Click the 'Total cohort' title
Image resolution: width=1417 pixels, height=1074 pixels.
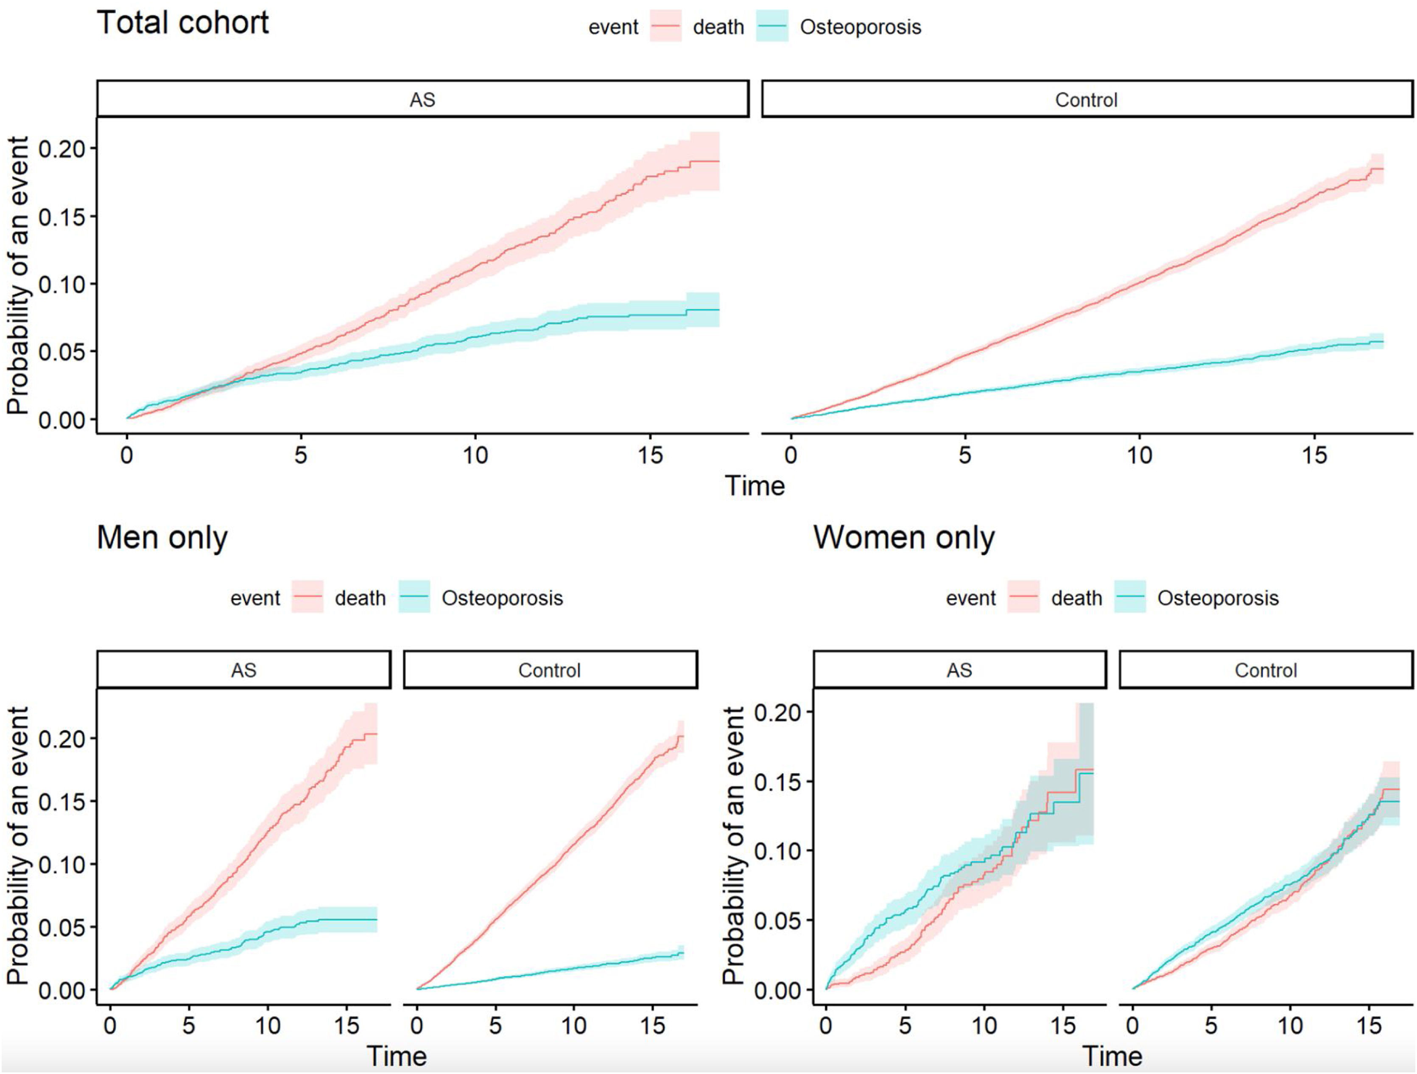pos(182,23)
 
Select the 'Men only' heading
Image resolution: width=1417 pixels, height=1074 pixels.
pos(162,537)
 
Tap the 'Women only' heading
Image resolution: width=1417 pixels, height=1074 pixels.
pos(904,537)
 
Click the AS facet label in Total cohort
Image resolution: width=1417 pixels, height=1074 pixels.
pos(422,100)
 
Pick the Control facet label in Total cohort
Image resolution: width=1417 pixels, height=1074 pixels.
pos(1087,100)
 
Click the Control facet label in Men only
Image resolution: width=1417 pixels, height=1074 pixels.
pos(550,670)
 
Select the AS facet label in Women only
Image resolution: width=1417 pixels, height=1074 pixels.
pos(959,670)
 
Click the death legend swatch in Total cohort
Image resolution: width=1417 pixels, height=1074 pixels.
pos(665,27)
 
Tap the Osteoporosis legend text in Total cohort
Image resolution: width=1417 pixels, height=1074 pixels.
pos(860,27)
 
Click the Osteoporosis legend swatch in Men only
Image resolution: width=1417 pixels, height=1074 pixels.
pos(414,598)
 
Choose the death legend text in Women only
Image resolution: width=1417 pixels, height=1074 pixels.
pos(1076,598)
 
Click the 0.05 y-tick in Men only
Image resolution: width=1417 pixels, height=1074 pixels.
pos(62,927)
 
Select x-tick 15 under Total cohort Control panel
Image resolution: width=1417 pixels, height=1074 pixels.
pos(1314,456)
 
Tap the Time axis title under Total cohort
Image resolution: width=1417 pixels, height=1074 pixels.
pos(755,486)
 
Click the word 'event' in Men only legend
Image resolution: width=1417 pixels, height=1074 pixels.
pos(255,598)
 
